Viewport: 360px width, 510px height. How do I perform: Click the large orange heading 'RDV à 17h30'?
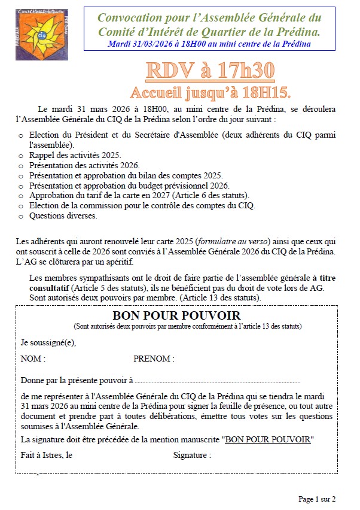[x=210, y=71]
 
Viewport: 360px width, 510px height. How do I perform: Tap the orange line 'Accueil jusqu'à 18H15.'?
[x=210, y=92]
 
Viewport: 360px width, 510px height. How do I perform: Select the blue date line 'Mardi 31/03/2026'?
[x=209, y=44]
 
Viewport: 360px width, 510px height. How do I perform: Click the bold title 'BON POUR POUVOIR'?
[x=176, y=315]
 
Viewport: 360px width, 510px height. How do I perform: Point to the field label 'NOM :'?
[x=33, y=359]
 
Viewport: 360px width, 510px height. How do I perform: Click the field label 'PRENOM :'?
[x=154, y=359]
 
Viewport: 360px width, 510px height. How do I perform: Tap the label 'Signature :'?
[x=192, y=455]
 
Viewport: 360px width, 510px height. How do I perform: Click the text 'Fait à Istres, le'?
[x=47, y=455]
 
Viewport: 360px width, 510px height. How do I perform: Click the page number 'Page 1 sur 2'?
[x=317, y=499]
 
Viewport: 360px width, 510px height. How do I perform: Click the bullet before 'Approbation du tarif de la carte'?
[x=22, y=196]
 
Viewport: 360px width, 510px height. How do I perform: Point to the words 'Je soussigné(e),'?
[x=48, y=343]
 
